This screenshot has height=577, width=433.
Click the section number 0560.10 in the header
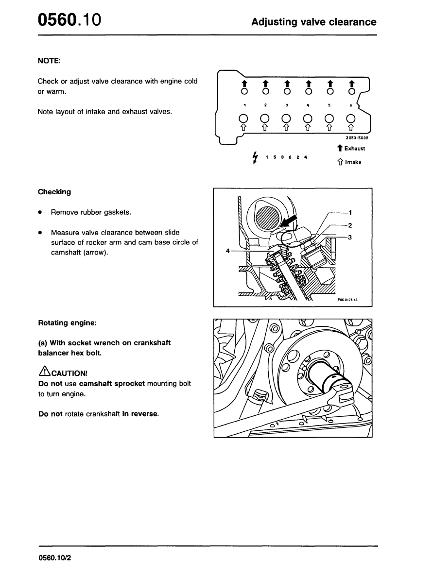(69, 20)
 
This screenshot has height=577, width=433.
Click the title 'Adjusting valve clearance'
(313, 22)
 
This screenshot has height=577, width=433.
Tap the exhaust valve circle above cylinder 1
(244, 91)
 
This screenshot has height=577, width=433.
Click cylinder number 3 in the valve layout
(287, 105)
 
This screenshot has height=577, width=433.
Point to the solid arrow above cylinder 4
(309, 83)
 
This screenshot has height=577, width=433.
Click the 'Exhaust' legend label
(355, 149)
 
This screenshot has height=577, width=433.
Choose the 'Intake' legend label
(353, 163)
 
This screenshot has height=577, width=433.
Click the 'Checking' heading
(54, 192)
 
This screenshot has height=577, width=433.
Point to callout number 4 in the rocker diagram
(227, 251)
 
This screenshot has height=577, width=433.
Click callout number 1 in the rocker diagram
(350, 212)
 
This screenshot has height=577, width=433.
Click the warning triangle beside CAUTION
(43, 372)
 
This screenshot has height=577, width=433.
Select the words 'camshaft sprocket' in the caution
(112, 384)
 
